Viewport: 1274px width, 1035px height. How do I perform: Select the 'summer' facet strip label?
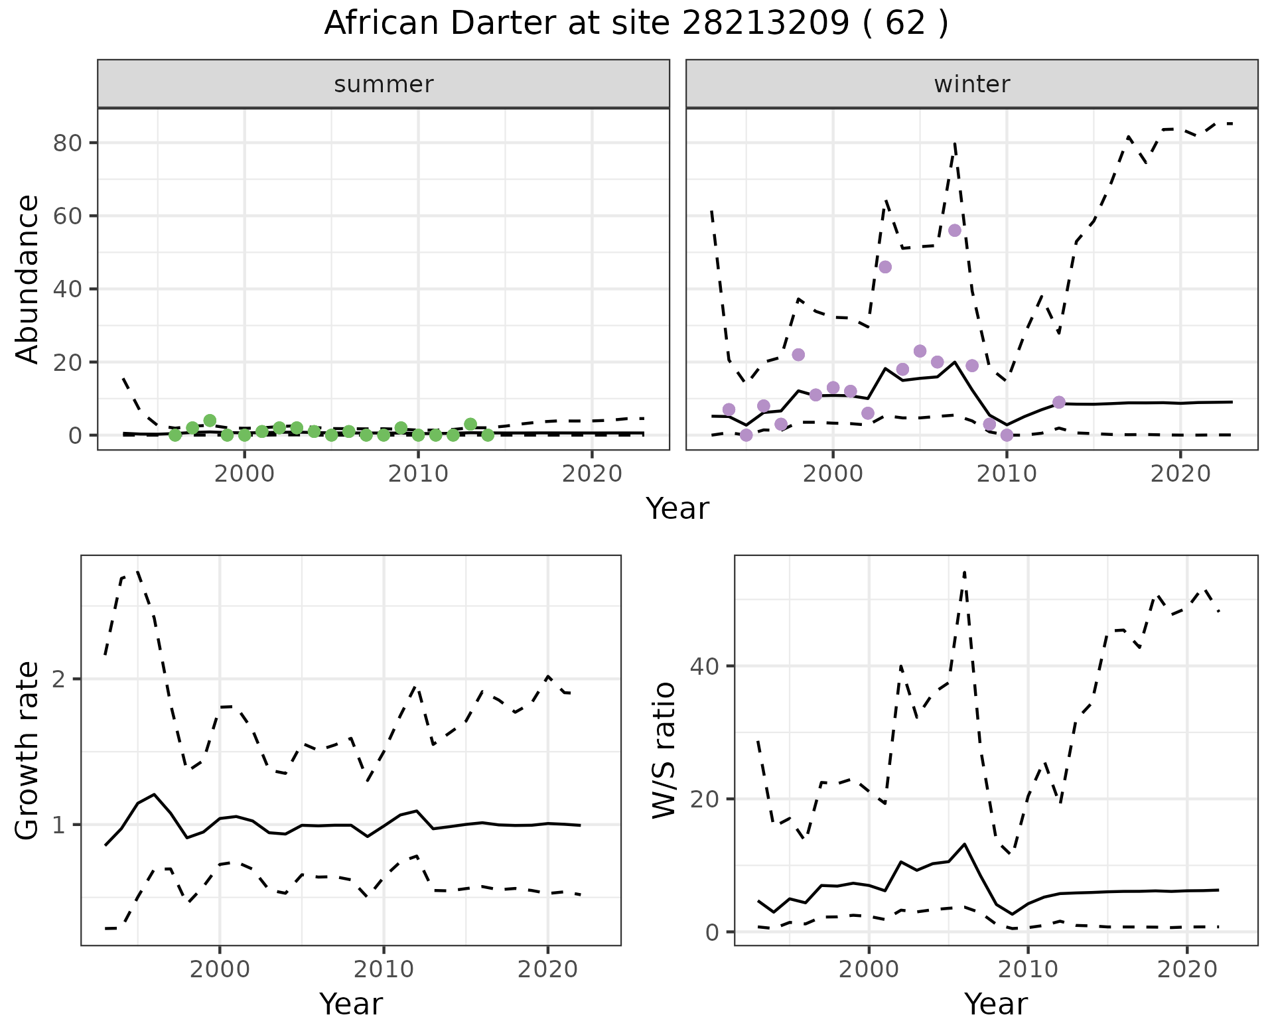tap(384, 84)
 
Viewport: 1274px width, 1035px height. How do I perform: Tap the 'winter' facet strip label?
tap(971, 84)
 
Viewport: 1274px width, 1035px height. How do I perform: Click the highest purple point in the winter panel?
tap(955, 230)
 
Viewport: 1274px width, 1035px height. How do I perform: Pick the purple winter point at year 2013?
tap(1059, 402)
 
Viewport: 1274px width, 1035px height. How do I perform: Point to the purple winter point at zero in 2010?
tap(1007, 435)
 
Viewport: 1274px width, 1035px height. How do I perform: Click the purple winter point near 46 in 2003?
tap(885, 267)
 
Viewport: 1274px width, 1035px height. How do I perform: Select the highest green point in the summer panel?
tap(210, 421)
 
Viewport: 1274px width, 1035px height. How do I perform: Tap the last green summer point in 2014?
tap(488, 435)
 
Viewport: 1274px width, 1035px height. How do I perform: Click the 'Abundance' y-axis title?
tap(28, 279)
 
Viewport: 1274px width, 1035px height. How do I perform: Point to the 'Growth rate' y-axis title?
tap(28, 750)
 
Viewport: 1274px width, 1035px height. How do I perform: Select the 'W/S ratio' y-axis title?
tap(664, 750)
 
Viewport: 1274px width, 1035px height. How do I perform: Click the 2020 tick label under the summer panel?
tap(592, 474)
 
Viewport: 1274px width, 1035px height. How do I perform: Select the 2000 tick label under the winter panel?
tap(833, 474)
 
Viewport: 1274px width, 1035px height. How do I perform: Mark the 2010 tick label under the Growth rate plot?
tap(384, 969)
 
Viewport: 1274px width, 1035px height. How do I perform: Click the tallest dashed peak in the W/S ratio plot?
tap(964, 571)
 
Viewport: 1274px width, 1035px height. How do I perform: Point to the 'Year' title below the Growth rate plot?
tap(351, 1004)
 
